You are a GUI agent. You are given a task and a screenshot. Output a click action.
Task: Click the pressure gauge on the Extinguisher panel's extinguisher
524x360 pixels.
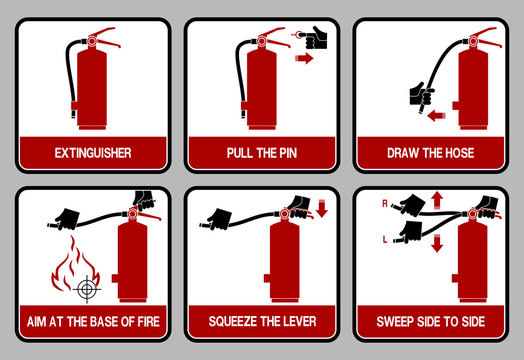(93, 41)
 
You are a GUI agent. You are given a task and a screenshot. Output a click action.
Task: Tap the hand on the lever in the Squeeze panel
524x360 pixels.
(297, 204)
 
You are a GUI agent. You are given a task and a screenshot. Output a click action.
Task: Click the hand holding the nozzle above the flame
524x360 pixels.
(67, 217)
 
